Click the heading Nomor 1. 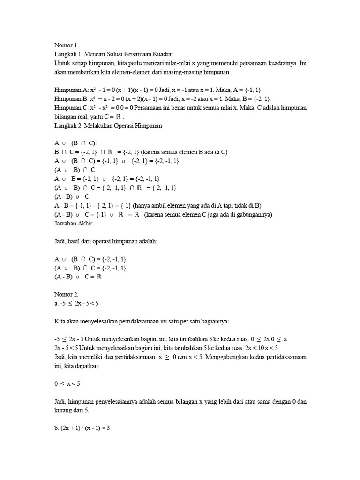[x=66, y=45]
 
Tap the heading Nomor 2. [x=66, y=295]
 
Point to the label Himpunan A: [x=71, y=90]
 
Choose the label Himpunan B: [x=71, y=99]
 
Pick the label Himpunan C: [x=71, y=108]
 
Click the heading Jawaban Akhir [x=74, y=223]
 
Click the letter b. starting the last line [x=57, y=428]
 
